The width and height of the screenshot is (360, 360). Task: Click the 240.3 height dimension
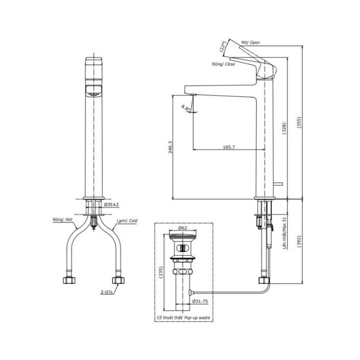(x=170, y=147)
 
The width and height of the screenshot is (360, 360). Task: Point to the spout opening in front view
(x=93, y=89)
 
